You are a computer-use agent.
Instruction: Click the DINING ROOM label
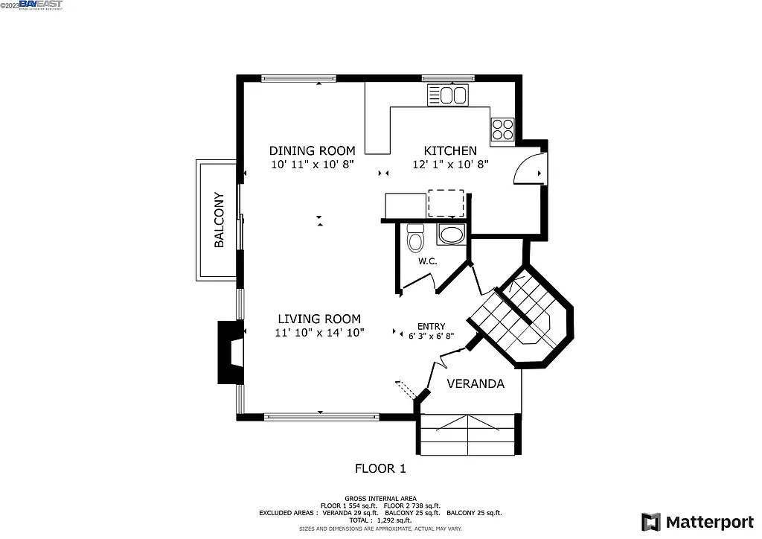[x=312, y=150]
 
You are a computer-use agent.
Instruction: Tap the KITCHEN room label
[x=450, y=150]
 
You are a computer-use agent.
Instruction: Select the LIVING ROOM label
[x=319, y=319]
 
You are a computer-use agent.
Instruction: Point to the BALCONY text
[x=219, y=220]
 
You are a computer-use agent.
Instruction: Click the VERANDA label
[x=476, y=384]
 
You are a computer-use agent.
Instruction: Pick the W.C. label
[x=427, y=261]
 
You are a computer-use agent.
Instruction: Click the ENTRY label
[x=431, y=326]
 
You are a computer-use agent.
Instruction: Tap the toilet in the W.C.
[x=416, y=238]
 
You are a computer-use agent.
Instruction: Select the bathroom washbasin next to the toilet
[x=450, y=235]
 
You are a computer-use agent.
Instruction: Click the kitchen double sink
[x=447, y=95]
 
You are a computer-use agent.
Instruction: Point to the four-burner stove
[x=502, y=130]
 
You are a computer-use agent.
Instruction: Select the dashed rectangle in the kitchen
[x=446, y=202]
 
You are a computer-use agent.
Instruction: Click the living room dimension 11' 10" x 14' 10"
[x=319, y=333]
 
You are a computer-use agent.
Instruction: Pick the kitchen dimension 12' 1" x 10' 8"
[x=450, y=165]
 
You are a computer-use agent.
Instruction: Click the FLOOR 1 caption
[x=380, y=469]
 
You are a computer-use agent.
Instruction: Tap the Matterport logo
[x=697, y=521]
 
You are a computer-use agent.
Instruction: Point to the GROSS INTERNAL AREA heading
[x=380, y=498]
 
